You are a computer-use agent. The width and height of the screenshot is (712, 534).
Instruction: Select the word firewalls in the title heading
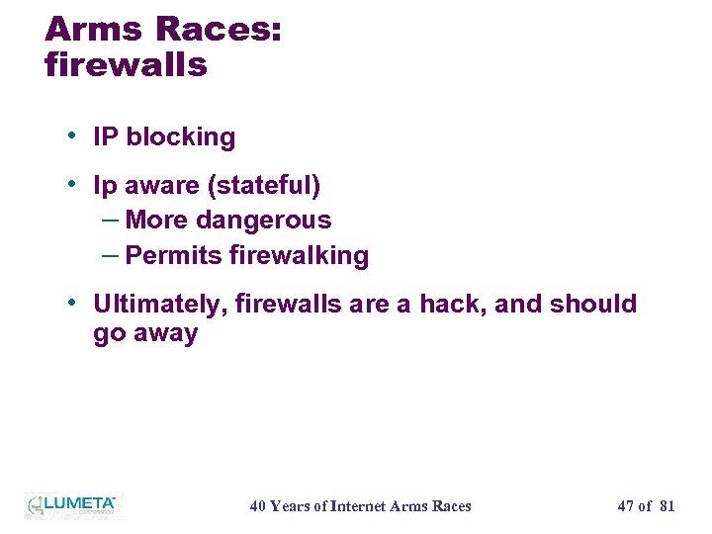[126, 65]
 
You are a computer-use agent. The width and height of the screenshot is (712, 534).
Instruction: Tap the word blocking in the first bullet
[180, 137]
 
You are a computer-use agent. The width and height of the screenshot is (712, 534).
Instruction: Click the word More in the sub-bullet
[156, 220]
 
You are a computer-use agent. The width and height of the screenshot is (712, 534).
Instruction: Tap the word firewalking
[299, 255]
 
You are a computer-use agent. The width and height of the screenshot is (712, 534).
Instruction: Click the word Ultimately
[161, 304]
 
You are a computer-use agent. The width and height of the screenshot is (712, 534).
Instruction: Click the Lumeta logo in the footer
[71, 504]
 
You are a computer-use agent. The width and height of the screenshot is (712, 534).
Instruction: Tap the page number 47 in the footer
[625, 506]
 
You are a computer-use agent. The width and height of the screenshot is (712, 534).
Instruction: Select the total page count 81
[667, 506]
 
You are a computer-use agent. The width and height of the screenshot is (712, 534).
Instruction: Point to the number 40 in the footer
[257, 506]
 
